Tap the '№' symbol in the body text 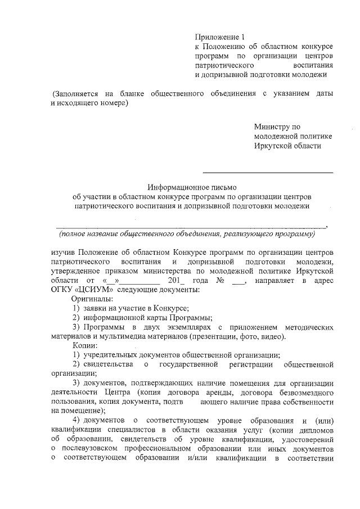(x=222, y=280)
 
